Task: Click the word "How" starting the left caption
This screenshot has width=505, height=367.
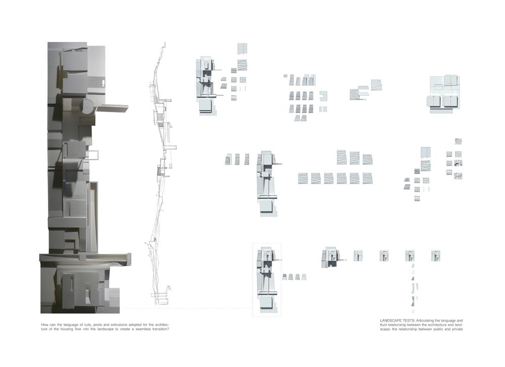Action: tap(44, 324)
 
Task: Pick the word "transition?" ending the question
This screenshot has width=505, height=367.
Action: tap(158, 329)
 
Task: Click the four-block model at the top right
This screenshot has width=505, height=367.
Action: tap(444, 94)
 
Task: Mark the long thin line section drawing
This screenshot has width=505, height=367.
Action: tap(161, 172)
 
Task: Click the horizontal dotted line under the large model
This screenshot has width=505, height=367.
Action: tap(187, 308)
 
